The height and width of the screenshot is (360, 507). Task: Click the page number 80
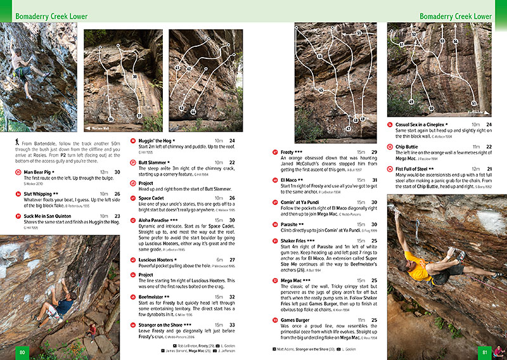coord(23,352)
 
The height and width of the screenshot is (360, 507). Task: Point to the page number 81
coord(484,352)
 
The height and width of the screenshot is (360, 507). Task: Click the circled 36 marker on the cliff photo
coord(110,119)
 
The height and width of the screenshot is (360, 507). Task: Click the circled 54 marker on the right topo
coord(456,42)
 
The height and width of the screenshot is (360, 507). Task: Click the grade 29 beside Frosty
coord(374,152)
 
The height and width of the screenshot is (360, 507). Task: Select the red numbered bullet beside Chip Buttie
coord(390,146)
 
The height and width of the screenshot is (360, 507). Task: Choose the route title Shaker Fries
coord(296,241)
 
